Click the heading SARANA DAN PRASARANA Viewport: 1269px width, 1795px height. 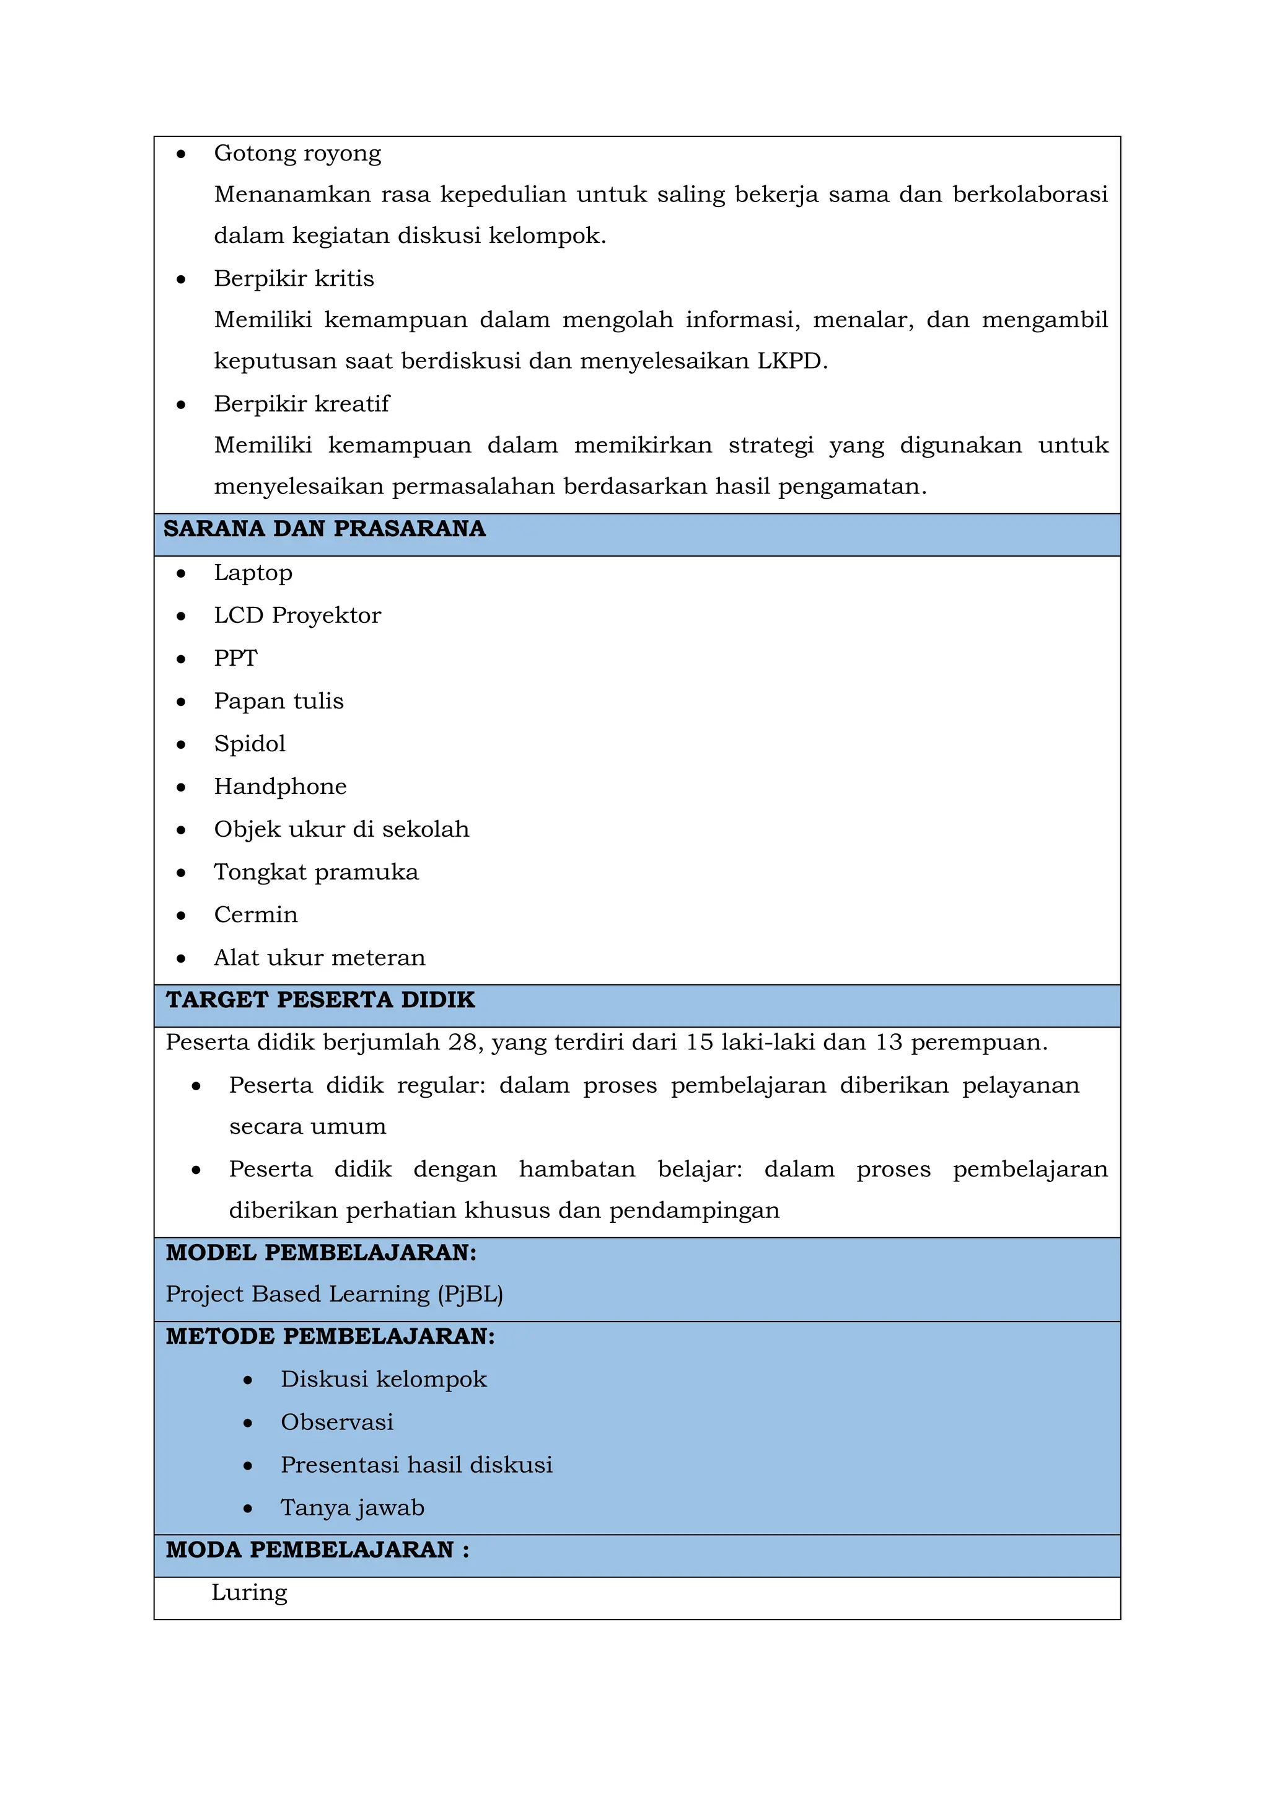(324, 529)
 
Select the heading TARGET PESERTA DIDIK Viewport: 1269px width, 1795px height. (320, 1000)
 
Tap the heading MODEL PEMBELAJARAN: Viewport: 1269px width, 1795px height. (321, 1253)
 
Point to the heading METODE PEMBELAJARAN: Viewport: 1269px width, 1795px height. (330, 1336)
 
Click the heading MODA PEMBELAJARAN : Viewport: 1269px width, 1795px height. (317, 1550)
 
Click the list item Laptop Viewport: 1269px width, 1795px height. (253, 573)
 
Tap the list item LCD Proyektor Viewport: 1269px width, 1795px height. (297, 615)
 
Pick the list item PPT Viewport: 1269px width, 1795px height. (235, 658)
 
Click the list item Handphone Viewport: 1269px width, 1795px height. (279, 787)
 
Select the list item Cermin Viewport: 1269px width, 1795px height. (255, 915)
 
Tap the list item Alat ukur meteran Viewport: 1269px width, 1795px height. (320, 958)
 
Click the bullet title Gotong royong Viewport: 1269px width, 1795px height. (297, 153)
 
